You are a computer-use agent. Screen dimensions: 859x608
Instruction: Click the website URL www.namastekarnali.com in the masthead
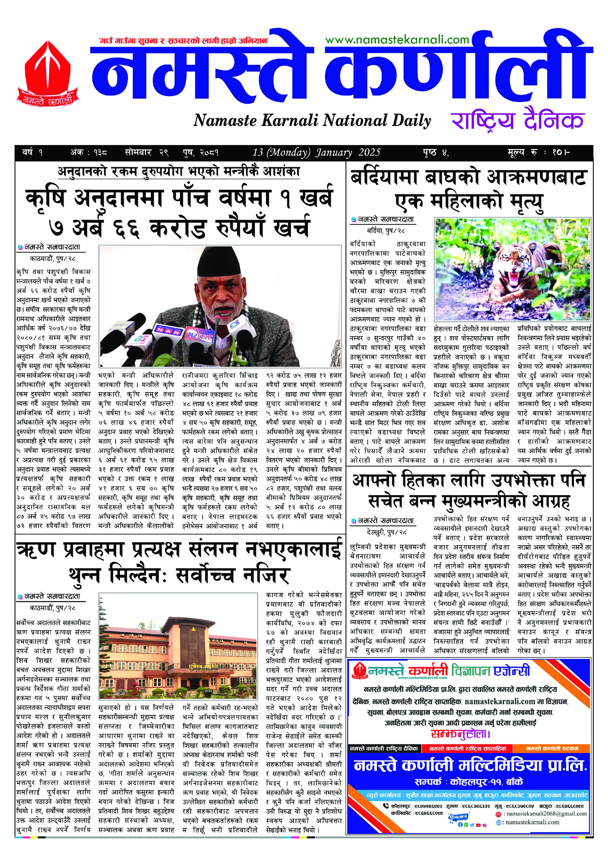coord(397,40)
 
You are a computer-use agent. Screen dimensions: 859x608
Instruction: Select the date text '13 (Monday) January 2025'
coord(316,153)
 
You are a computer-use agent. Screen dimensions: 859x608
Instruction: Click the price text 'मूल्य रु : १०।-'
coord(539,153)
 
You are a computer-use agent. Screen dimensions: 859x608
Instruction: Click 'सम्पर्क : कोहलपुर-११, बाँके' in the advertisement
coord(469,781)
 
